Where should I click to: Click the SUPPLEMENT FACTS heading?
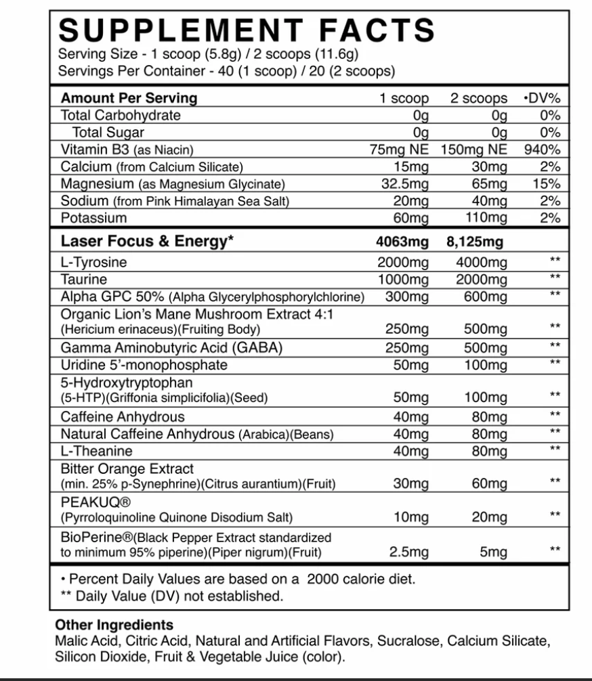click(247, 30)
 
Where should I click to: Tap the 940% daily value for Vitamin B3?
click(542, 150)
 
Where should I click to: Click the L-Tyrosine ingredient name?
click(93, 262)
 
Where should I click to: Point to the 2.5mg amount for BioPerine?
click(409, 552)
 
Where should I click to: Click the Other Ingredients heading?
click(114, 625)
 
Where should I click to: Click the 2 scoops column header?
click(479, 98)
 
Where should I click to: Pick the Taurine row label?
click(83, 279)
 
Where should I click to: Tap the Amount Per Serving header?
click(129, 97)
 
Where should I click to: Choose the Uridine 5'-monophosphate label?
click(144, 365)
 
